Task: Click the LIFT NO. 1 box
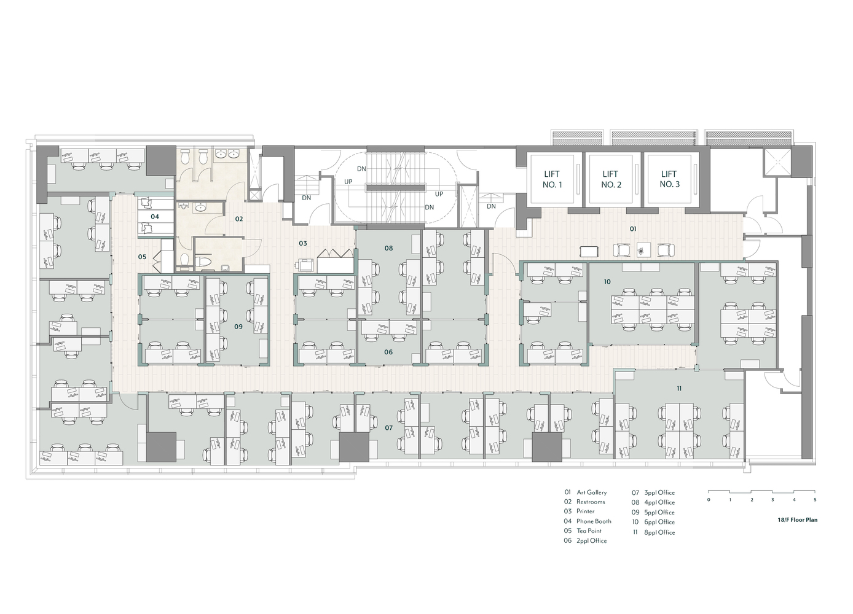point(551,179)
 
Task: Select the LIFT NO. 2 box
point(610,179)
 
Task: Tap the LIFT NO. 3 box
point(669,179)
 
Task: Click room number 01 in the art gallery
point(633,228)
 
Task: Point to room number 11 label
point(679,389)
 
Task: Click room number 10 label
point(607,282)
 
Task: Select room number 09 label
point(238,327)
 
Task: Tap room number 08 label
point(388,248)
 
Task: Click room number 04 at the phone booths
point(155,217)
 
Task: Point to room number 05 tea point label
point(142,257)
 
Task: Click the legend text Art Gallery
point(591,492)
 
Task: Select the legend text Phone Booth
point(594,521)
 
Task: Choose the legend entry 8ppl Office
point(659,532)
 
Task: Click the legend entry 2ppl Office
point(591,541)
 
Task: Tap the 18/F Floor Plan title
point(797,520)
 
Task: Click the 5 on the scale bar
point(815,500)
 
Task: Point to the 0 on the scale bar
point(709,500)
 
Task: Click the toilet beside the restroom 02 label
point(206,262)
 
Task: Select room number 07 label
point(388,427)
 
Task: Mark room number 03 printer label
point(303,244)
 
